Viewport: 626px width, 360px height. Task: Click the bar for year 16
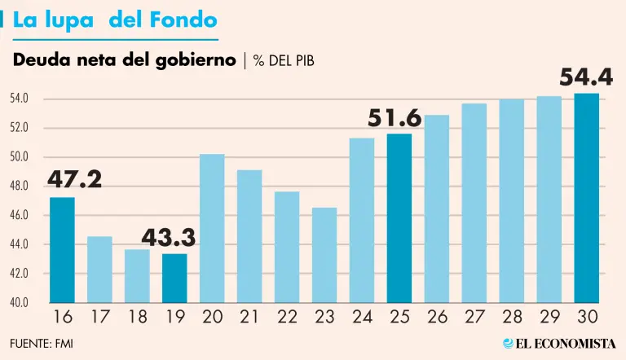tap(62, 249)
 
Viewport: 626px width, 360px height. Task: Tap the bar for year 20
tap(212, 228)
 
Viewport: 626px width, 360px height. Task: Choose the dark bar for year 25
tap(399, 217)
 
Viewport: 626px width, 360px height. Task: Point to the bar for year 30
tap(586, 197)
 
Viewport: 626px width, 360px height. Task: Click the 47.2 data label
tap(74, 179)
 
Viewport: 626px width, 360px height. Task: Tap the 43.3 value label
tap(169, 237)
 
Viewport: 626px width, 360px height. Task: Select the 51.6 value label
tap(395, 118)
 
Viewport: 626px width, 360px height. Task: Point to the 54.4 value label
tap(585, 77)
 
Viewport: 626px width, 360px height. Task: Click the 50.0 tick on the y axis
tap(20, 157)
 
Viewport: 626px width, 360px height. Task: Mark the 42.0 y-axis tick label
tap(20, 274)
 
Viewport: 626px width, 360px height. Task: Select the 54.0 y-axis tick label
tap(20, 99)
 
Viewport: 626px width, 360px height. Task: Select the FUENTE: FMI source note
tap(42, 343)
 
